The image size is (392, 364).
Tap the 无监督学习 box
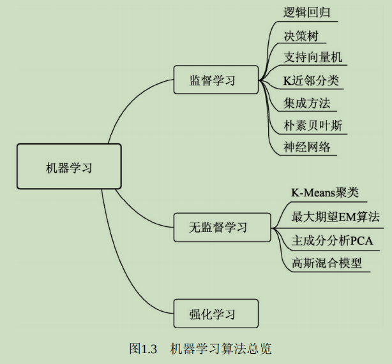[216, 227]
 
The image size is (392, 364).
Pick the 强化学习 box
[216, 314]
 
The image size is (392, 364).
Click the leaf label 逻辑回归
[308, 12]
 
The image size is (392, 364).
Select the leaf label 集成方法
[307, 103]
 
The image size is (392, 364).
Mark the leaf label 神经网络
[307, 147]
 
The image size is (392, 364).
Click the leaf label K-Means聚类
[325, 193]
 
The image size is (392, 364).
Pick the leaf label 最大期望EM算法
[335, 217]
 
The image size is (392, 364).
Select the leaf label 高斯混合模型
[326, 263]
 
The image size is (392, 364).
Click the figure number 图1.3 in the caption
[143, 349]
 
